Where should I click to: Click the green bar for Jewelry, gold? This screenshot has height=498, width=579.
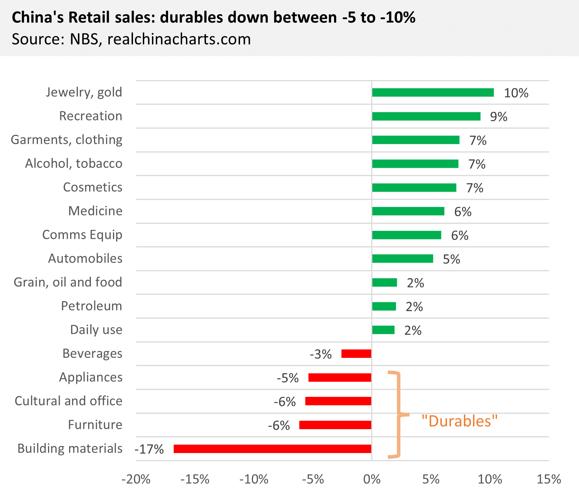click(x=433, y=92)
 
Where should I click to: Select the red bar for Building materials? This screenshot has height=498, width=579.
click(x=272, y=449)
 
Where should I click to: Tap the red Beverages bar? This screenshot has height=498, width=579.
click(x=356, y=354)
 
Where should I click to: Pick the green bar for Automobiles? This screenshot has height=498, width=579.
click(x=402, y=259)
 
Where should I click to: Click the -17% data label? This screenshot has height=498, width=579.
click(x=149, y=449)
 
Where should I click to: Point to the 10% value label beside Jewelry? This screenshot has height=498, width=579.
click(x=516, y=93)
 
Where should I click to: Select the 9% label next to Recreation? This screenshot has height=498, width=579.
click(x=499, y=117)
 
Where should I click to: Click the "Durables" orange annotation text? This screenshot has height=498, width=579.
click(x=459, y=421)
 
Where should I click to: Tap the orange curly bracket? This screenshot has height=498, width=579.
click(x=399, y=414)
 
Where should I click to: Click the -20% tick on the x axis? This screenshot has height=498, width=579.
click(x=136, y=479)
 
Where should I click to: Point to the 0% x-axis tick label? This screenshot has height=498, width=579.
click(x=372, y=479)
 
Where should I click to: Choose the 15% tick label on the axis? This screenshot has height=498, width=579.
click(x=548, y=479)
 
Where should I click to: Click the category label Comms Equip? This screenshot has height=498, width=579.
click(x=82, y=235)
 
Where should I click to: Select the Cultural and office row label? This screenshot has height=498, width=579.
click(x=68, y=401)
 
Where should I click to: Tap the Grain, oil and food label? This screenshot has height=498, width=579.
click(x=68, y=282)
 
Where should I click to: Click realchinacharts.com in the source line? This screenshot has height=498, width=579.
click(x=179, y=39)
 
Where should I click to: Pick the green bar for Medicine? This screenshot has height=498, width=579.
click(x=408, y=211)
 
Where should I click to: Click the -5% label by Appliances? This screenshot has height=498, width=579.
click(x=287, y=378)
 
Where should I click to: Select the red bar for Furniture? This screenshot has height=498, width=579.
click(x=335, y=425)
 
